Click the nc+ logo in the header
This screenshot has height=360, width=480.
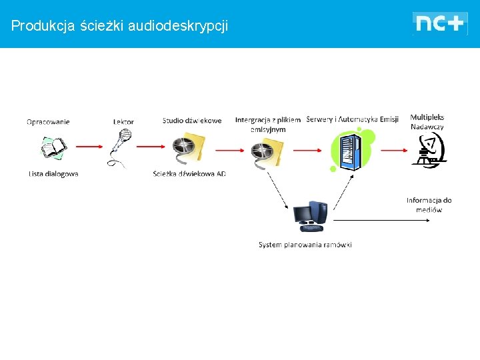point(439,23)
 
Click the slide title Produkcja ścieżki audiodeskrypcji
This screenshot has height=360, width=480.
point(119,26)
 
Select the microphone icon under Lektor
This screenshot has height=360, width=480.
point(121,147)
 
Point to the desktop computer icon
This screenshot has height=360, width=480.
point(310,215)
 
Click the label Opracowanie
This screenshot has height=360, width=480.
point(48,122)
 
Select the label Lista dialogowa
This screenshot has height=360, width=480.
point(53,174)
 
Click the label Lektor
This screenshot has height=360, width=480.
point(123,121)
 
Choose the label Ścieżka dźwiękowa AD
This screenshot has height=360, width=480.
point(189,174)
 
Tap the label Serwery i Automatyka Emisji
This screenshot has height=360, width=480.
point(352,119)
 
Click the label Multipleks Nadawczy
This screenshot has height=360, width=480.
point(427,122)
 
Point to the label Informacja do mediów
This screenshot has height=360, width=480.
point(429,205)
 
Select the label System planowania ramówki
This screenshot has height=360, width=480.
point(305,245)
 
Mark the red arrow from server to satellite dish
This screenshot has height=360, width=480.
point(389,150)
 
